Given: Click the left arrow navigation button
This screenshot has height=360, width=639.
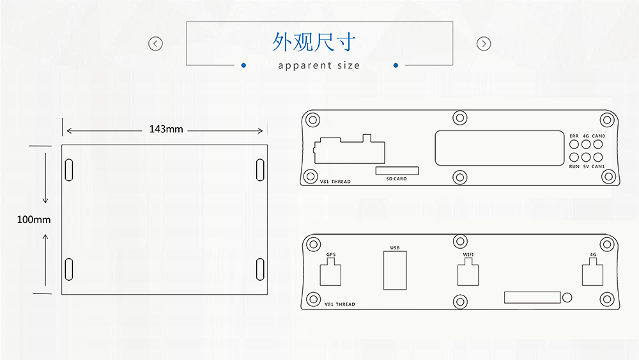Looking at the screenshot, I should pos(155,43).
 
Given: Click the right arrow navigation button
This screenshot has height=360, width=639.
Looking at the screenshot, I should pos(484,43).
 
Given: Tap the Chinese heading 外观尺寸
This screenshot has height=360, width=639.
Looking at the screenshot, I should pos(313,42).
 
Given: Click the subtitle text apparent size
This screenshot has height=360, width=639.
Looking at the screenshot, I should pos(319,65).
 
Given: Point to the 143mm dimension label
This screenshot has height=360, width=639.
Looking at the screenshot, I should pos(166,129).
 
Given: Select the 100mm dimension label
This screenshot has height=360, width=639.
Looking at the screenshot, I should pos(34,219).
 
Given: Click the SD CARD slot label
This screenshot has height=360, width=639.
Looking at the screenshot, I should pos(396,179).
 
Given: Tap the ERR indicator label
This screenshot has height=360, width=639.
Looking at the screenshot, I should pos(574,136).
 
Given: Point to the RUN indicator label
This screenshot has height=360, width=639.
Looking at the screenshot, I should pos(574,167).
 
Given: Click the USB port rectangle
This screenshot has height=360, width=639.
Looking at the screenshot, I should pos(394,270).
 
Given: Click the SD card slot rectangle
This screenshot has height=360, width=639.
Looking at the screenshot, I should pos(397,171).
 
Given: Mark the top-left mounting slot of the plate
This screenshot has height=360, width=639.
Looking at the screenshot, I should pos(68,169).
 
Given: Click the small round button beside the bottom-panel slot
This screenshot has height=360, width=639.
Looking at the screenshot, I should pos(567,297).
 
